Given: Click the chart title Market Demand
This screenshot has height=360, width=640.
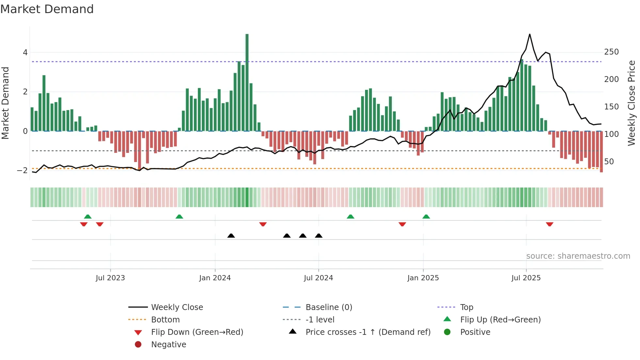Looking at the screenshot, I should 47,9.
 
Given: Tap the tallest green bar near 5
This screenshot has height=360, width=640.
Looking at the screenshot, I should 247,82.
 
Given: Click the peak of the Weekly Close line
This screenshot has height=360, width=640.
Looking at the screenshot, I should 529,34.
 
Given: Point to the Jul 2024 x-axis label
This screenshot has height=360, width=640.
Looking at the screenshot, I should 318,278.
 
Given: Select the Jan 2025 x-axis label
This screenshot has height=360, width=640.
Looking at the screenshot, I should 423,278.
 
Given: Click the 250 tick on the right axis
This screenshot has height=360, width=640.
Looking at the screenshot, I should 611,52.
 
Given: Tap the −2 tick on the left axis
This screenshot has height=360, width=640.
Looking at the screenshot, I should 23,171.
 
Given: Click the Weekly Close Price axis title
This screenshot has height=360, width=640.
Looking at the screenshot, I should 632,103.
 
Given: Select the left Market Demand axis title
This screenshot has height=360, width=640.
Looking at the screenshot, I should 5,103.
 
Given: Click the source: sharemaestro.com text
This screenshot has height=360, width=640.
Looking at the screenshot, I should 578,256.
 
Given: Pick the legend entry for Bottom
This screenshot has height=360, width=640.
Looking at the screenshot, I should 165,319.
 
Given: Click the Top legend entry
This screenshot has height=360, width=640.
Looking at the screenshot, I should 467,307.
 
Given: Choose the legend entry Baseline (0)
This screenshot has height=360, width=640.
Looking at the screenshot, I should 328,307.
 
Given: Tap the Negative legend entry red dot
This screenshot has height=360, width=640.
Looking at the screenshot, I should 138,344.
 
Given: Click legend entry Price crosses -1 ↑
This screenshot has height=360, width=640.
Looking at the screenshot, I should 368,332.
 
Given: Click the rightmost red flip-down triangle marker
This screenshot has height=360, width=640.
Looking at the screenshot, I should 550,224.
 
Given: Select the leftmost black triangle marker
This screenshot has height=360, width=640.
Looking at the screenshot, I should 231,236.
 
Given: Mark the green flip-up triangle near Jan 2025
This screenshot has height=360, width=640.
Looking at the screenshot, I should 426,217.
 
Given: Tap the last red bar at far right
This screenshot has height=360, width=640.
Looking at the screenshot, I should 601,152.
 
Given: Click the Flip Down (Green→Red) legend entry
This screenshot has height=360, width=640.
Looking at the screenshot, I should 197,332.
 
